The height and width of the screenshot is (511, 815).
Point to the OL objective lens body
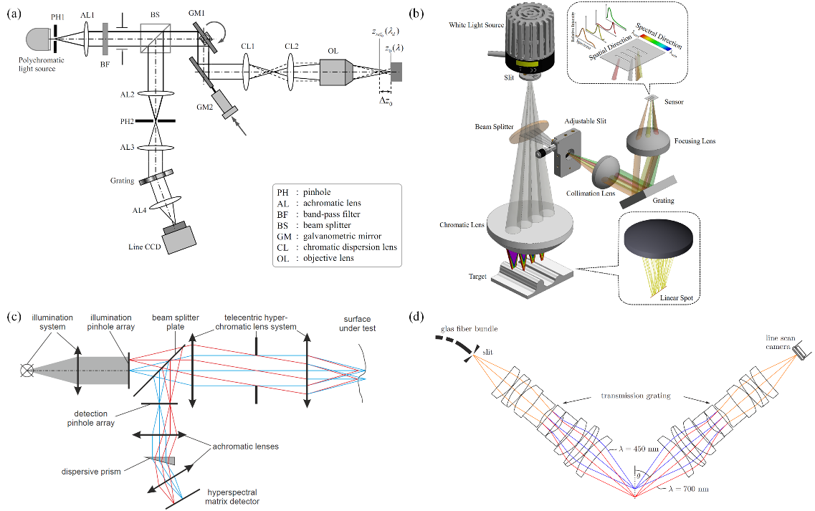pyautogui.click(x=337, y=72)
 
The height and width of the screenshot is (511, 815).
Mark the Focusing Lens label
pyautogui.click(x=695, y=141)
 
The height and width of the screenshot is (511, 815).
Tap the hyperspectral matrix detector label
pyautogui.click(x=233, y=496)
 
